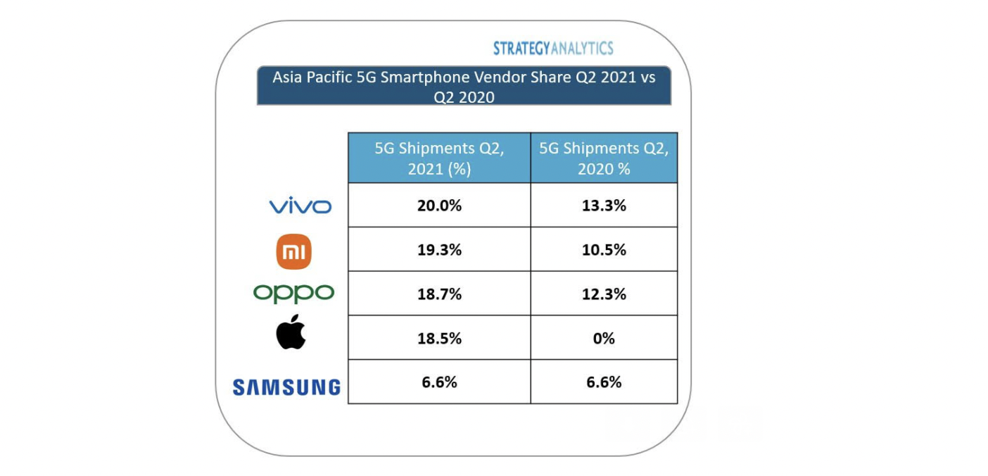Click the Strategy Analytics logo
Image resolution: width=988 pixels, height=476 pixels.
pos(552,49)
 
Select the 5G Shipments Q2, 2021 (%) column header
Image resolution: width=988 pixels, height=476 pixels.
pos(439,158)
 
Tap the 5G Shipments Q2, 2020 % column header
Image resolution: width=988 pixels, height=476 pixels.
pos(604,158)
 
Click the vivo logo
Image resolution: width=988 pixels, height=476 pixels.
pos(300,206)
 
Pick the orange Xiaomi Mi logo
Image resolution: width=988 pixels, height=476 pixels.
pos(293,252)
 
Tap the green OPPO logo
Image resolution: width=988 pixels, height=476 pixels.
pos(293,293)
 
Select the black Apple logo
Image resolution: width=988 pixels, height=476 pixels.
pos(291,332)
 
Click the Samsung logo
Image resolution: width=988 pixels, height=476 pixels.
pos(286,387)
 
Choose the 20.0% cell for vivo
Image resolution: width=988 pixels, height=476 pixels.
pos(439,206)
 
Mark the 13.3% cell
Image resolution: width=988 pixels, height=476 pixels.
pos(604,206)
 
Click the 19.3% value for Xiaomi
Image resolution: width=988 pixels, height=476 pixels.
pos(439,249)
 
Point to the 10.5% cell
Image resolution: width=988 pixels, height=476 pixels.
pos(604,249)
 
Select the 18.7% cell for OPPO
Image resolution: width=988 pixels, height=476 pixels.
pos(439,294)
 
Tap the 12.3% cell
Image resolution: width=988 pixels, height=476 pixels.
pos(604,294)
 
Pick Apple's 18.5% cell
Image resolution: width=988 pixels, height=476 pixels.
pos(439,338)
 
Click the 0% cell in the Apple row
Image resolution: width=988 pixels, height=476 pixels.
pos(604,338)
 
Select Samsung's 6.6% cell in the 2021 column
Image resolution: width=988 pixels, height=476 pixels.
pos(439,382)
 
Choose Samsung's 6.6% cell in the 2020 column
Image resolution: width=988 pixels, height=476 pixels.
pos(604,382)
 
